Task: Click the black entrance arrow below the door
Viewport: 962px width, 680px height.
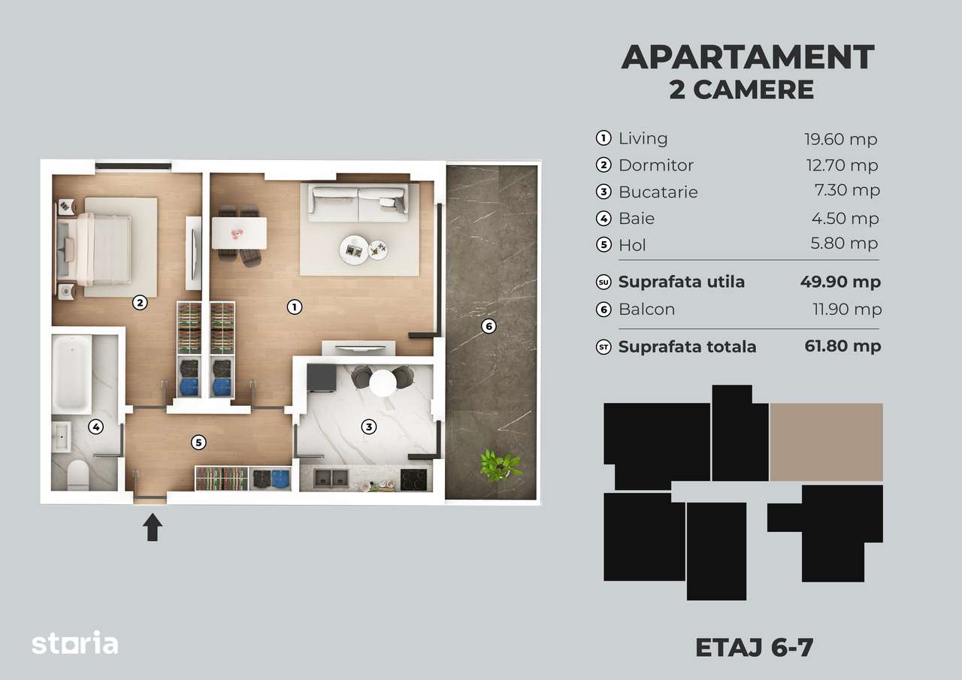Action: point(153,527)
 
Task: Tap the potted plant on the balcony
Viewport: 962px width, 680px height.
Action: point(500,464)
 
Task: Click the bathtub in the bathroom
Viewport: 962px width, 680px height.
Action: point(71,373)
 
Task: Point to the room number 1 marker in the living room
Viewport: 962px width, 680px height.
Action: point(295,307)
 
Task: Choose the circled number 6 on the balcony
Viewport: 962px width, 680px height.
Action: point(489,326)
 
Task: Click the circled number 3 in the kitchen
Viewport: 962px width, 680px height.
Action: point(368,427)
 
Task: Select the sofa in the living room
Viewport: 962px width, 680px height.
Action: point(359,201)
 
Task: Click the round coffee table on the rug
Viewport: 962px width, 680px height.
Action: point(353,249)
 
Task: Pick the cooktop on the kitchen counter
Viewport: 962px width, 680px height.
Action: point(414,479)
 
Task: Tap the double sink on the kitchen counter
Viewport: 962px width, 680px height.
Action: point(331,479)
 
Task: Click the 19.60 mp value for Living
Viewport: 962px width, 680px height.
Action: point(840,139)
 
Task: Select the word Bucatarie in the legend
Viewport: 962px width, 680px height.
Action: point(658,192)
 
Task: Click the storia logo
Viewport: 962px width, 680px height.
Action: point(74,644)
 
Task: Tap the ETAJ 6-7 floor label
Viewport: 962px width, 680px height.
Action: point(754,648)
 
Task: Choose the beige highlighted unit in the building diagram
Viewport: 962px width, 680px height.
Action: point(826,442)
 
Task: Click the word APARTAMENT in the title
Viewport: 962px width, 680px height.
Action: point(747,58)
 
